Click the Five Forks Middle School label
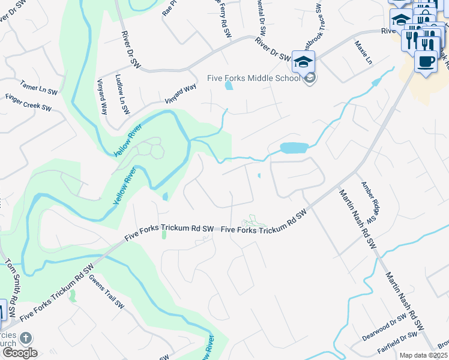pyautogui.click(x=253, y=78)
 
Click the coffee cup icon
pyautogui.click(x=426, y=61)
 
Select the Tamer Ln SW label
pyautogui.click(x=38, y=88)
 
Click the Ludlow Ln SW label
pyautogui.click(x=122, y=94)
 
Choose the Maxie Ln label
pyautogui.click(x=363, y=53)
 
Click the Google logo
pyautogui.click(x=20, y=353)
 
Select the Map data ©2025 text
pyautogui.click(x=423, y=355)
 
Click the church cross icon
pyautogui.click(x=25, y=338)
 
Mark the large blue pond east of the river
pyautogui.click(x=294, y=148)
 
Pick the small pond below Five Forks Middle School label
pyautogui.click(x=229, y=85)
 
